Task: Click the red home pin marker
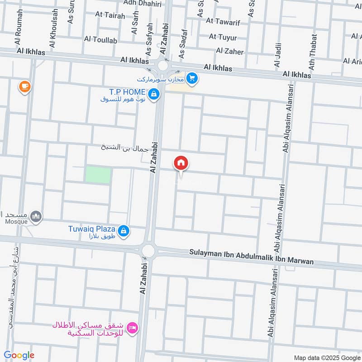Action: coord(181,163)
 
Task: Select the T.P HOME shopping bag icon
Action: coord(154,94)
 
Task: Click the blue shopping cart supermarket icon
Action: coord(192,79)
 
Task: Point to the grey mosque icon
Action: coord(36,217)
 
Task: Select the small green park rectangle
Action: coord(98,175)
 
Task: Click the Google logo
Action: coord(19,355)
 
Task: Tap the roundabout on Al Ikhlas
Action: coord(163,66)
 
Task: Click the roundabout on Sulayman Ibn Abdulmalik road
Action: coord(148,251)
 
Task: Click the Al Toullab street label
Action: coord(100,40)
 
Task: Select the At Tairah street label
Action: coord(110,14)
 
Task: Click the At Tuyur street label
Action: coord(223,37)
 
